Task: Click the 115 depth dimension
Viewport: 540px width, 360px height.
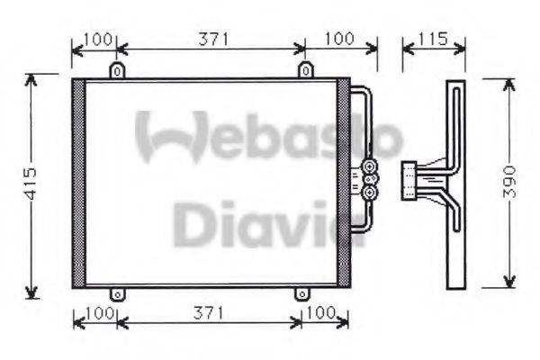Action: tap(434, 39)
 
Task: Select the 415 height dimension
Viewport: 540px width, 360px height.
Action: tap(30, 184)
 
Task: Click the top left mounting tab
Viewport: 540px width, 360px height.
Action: tap(116, 70)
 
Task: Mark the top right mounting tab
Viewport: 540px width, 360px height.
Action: tap(306, 70)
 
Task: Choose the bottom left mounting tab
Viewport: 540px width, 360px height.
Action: tap(116, 294)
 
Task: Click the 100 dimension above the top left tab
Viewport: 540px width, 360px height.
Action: tap(95, 39)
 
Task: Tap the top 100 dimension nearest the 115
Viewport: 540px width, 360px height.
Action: tap(338, 39)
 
